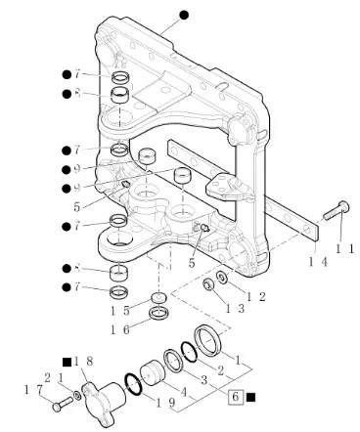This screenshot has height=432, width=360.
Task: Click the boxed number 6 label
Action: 236,397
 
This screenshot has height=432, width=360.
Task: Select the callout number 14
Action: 318,262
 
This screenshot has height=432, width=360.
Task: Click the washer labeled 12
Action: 223,278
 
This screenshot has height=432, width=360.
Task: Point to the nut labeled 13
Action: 208,284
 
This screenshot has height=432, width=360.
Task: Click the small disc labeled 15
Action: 158,298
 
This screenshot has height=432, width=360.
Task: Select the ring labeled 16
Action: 158,313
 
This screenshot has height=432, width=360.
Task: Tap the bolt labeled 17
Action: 63,404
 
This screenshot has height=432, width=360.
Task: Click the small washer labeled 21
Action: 77,396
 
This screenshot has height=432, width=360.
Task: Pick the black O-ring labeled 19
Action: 133,384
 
